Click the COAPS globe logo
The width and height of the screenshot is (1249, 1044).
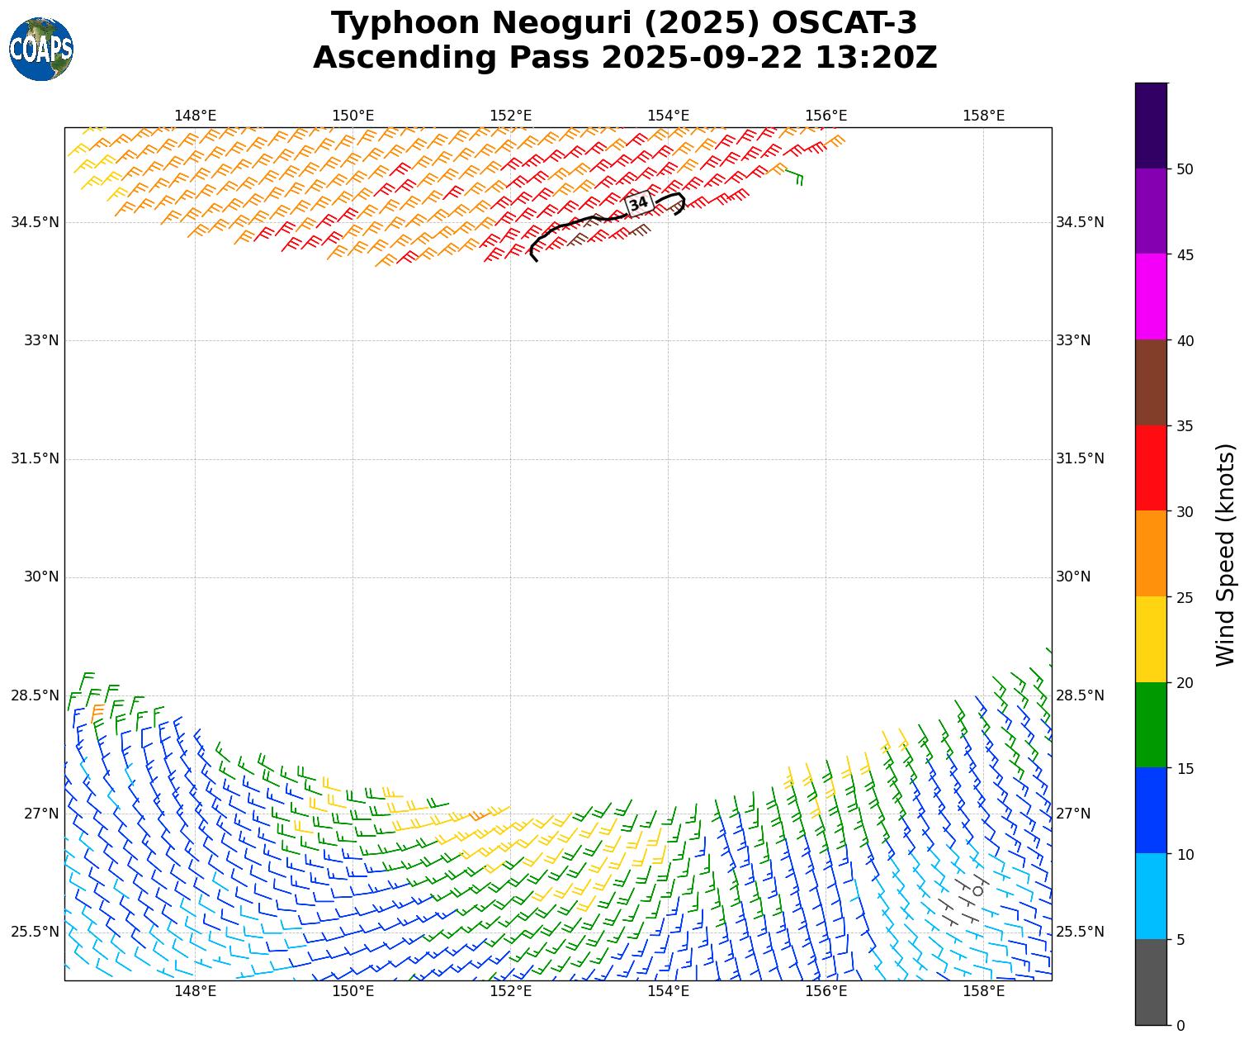pyautogui.click(x=41, y=50)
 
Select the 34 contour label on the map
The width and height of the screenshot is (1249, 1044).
pyautogui.click(x=639, y=203)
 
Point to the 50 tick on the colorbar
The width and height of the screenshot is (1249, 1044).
pyautogui.click(x=1184, y=169)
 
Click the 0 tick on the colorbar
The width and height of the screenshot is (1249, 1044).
pyautogui.click(x=1180, y=1026)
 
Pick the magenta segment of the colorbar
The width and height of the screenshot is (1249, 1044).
pyautogui.click(x=1151, y=297)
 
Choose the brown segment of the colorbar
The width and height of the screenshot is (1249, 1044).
pyautogui.click(x=1151, y=382)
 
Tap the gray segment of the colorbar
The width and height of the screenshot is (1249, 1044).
pyautogui.click(x=1151, y=982)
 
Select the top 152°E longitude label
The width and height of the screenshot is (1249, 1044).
pyautogui.click(x=510, y=116)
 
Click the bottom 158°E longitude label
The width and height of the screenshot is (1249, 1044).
pyautogui.click(x=983, y=991)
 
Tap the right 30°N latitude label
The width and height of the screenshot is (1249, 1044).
pyautogui.click(x=1073, y=577)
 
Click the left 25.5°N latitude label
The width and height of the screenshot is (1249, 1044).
pyautogui.click(x=35, y=932)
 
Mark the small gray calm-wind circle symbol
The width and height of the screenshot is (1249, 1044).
pyautogui.click(x=978, y=890)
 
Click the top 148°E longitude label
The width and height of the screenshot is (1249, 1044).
pyautogui.click(x=195, y=116)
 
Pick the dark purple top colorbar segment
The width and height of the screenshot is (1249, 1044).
pyautogui.click(x=1151, y=126)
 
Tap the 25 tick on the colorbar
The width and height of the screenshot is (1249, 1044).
pyautogui.click(x=1184, y=597)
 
